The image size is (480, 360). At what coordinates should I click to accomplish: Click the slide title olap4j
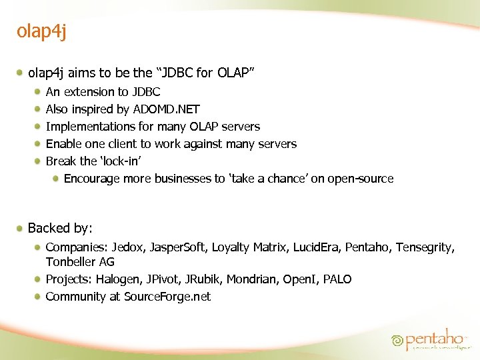point(41,32)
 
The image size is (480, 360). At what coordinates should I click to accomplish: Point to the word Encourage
point(92,179)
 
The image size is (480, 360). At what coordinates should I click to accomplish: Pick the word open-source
point(360,179)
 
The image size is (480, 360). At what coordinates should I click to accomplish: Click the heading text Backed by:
point(60,228)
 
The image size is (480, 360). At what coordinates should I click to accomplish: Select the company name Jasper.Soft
point(178,247)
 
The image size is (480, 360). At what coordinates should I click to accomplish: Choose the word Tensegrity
point(425,247)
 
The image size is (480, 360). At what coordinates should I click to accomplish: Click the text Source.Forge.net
point(167,297)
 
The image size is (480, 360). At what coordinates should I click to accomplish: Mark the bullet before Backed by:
point(21,228)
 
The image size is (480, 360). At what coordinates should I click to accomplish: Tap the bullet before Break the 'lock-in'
point(39,161)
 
